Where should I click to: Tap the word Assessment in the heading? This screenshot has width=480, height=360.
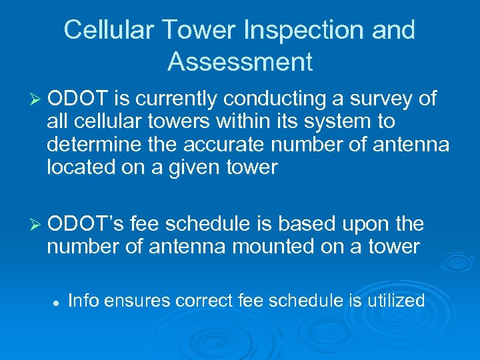240,62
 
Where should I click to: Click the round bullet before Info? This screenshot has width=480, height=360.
57,302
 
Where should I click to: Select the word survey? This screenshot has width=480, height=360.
377,99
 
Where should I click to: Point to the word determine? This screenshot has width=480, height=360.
89,144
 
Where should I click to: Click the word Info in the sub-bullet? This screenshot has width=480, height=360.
83,301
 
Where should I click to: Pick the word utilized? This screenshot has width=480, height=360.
396,301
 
